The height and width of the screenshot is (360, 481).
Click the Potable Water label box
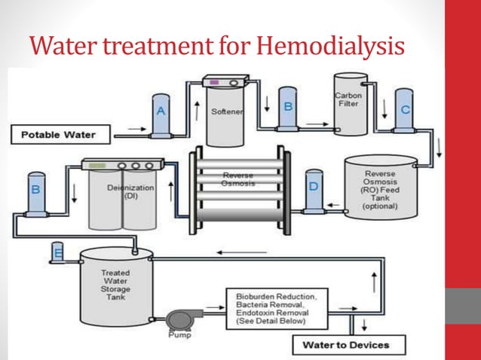tap(60, 136)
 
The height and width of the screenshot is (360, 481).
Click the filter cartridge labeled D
tap(314, 191)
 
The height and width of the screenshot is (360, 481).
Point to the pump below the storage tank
tap(181, 315)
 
